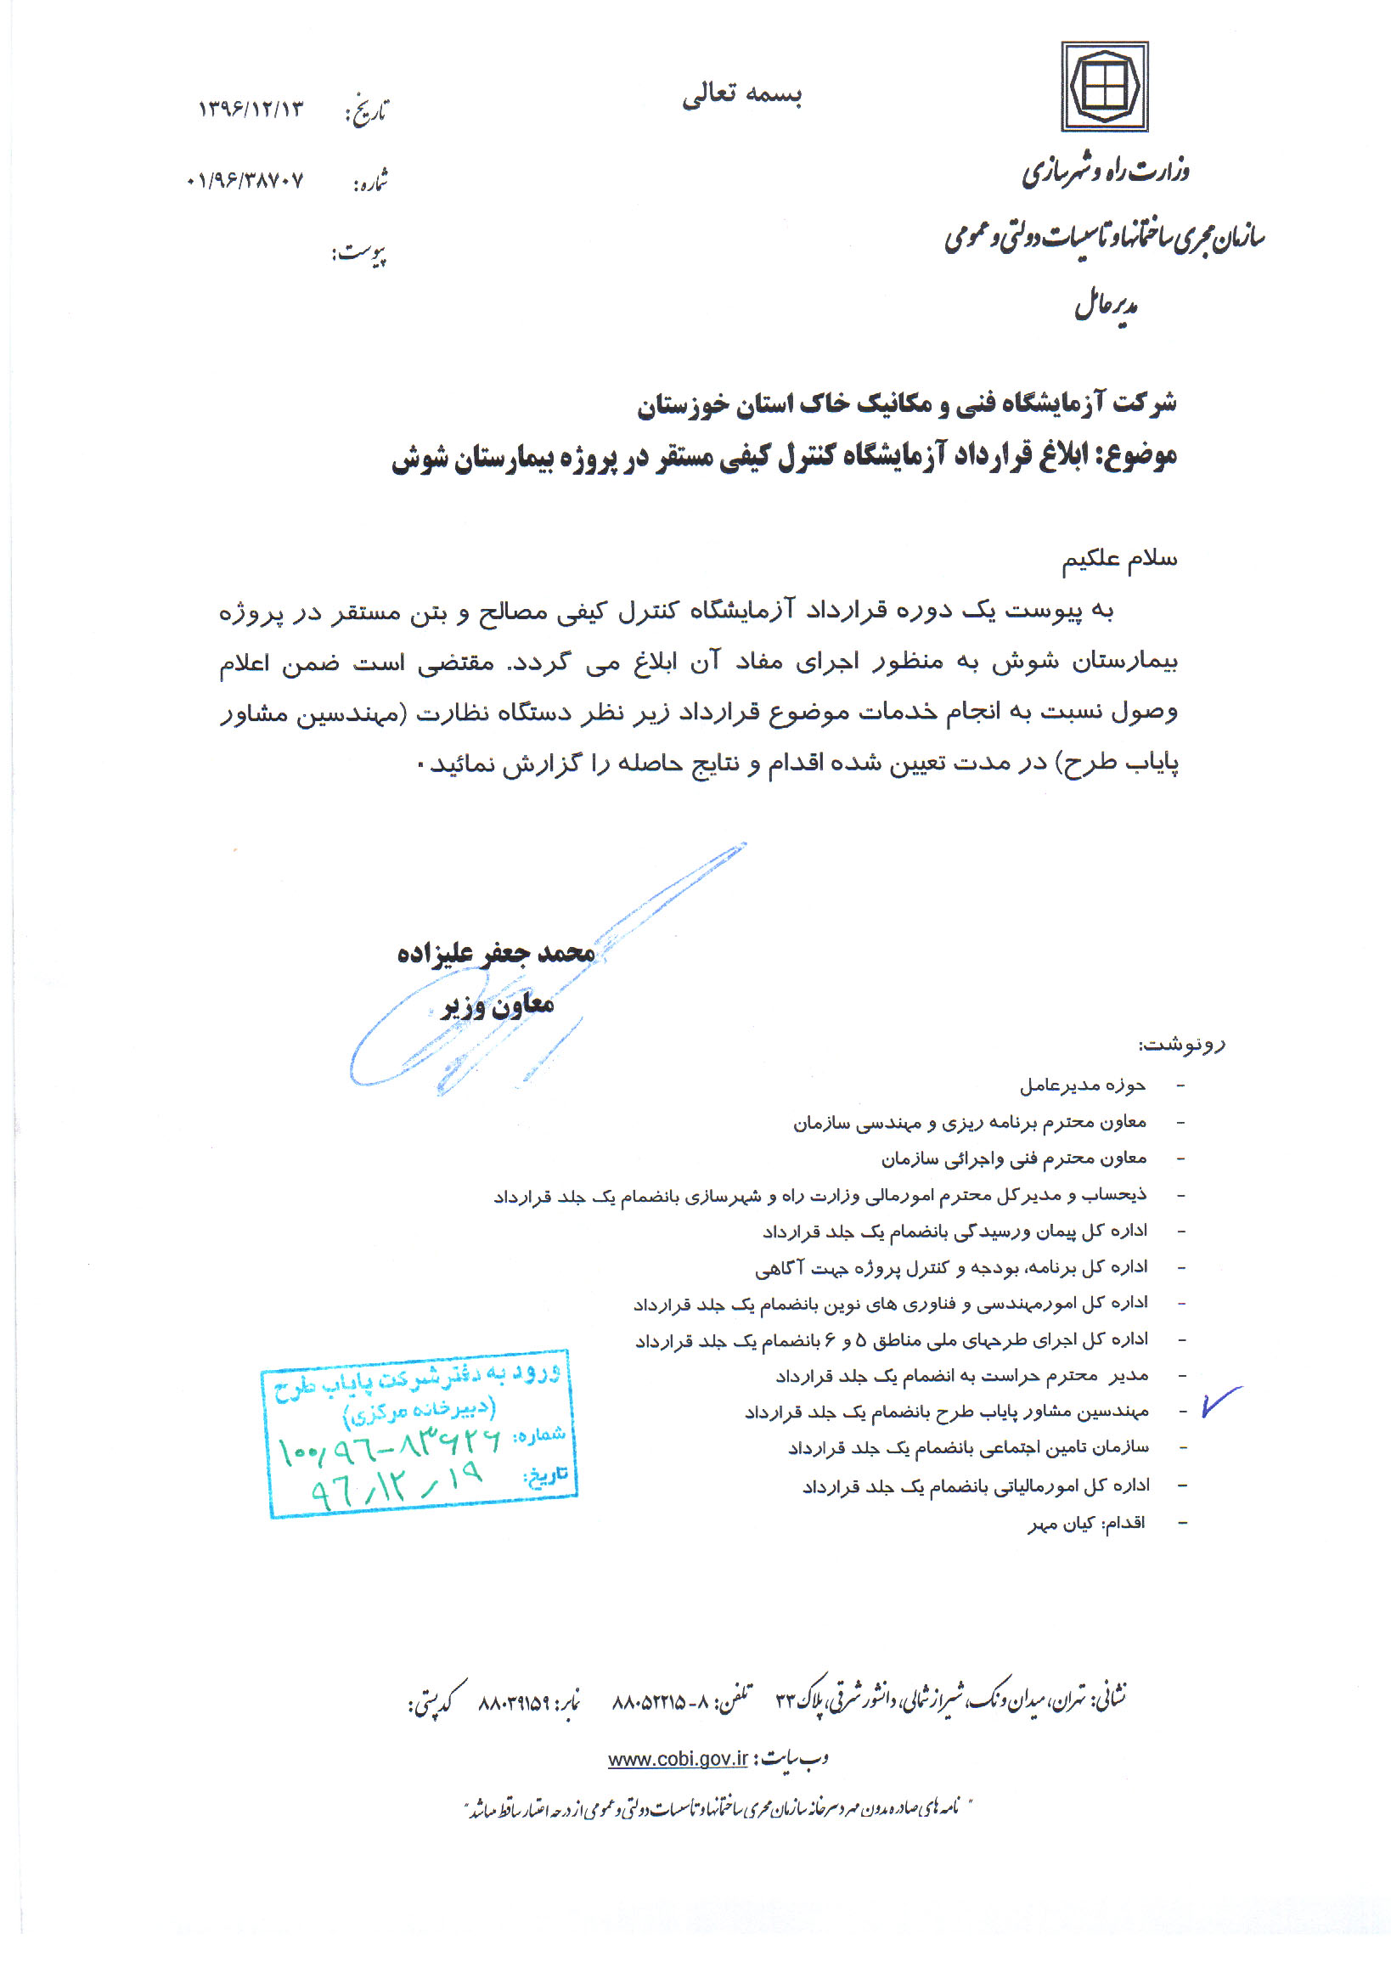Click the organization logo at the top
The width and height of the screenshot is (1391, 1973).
(1104, 87)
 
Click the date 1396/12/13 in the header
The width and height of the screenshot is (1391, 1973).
(250, 109)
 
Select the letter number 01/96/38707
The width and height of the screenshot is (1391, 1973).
(245, 180)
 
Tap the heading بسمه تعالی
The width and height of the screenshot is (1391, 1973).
(741, 94)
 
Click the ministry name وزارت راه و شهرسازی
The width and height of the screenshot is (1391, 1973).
(1106, 172)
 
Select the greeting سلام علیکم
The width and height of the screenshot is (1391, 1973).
(1119, 560)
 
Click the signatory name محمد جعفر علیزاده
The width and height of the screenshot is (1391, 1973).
(496, 952)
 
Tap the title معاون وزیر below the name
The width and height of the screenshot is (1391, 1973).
(498, 1005)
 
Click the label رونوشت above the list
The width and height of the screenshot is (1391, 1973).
(1181, 1045)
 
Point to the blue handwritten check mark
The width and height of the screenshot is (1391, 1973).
(1220, 1401)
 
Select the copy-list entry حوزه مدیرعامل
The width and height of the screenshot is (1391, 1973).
(1083, 1085)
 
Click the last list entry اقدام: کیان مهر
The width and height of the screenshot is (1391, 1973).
(1086, 1524)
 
